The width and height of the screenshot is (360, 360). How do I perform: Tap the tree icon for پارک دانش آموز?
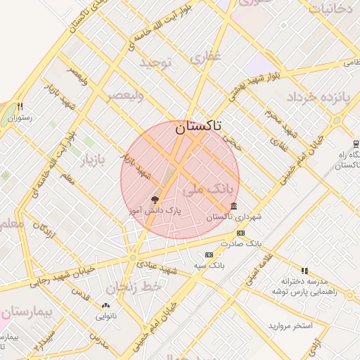155,200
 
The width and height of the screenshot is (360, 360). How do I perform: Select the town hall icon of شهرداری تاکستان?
233,206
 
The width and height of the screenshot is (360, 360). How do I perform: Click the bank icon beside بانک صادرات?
241,233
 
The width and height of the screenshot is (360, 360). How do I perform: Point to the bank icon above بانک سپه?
208,255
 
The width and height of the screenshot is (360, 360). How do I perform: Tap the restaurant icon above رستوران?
20,107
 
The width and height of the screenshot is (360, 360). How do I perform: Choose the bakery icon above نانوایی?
105,305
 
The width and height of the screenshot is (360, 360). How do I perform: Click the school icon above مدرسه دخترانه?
304,270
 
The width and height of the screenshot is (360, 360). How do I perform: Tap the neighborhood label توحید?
155,63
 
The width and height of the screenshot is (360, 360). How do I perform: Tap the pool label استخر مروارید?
290,327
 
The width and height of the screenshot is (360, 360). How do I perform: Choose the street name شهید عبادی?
156,266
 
